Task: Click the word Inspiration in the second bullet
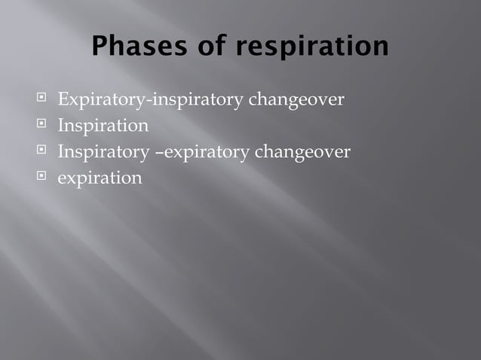coord(103,125)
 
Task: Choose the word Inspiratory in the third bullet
coord(103,152)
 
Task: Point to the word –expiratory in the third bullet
coord(202,152)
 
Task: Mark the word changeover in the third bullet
coord(302,152)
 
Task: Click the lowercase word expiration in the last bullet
coord(100,179)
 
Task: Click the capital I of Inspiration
coord(61,125)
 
